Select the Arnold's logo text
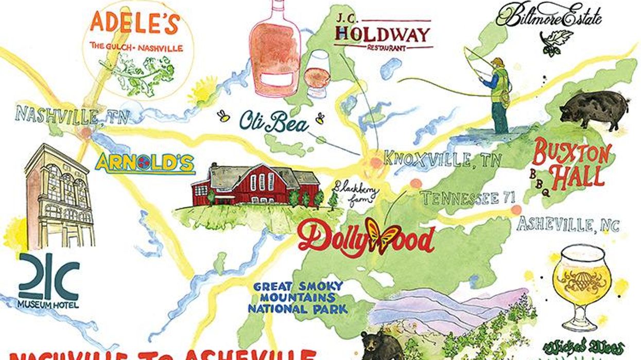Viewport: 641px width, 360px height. [x=145, y=163]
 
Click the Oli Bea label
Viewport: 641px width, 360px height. [x=274, y=122]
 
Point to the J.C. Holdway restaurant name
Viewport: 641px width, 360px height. [x=382, y=35]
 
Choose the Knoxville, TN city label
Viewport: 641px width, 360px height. [x=442, y=159]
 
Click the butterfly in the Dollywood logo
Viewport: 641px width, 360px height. [x=383, y=235]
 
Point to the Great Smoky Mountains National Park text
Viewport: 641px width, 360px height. [x=298, y=297]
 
